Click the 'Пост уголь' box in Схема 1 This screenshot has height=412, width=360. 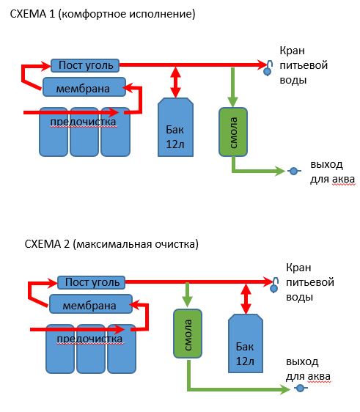tap(85, 65)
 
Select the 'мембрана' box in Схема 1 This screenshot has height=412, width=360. tap(84, 87)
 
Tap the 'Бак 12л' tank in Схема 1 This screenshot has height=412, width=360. tap(175, 127)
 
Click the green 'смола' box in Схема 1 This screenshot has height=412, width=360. tap(233, 132)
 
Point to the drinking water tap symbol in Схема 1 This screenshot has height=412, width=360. tap(268, 68)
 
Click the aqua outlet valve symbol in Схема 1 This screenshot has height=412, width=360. tap(294, 172)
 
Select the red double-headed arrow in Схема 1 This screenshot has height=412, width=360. tap(175, 82)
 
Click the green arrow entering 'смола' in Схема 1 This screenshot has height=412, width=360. tap(232, 87)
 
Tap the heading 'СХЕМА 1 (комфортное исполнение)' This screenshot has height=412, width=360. tap(103, 14)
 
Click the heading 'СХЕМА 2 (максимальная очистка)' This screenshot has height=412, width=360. tap(111, 244)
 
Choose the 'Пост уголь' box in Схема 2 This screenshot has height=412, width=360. tap(91, 282)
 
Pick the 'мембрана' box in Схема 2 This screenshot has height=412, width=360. tap(91, 304)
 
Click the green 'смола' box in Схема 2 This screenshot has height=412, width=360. tap(188, 334)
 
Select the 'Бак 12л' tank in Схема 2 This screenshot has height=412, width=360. tap(246, 343)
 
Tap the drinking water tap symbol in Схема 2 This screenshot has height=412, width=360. tap(274, 285)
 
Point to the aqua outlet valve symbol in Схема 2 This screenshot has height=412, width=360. tap(301, 388)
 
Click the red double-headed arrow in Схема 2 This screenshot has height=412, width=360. tap(246, 299)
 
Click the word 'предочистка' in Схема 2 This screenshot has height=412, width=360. tap(89, 339)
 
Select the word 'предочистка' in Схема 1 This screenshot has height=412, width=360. tap(83, 122)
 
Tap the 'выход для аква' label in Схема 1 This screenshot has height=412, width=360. tap(332, 172)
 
